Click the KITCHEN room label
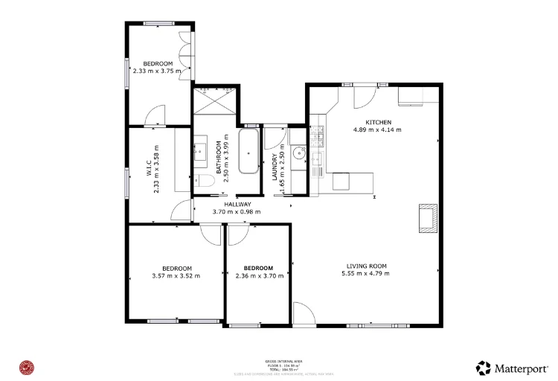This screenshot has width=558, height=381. [x=377, y=122]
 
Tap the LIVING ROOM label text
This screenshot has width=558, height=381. [x=367, y=266]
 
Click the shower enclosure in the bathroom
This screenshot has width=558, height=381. [x=215, y=100]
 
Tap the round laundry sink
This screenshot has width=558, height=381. [x=298, y=154]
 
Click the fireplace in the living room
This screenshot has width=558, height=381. [x=428, y=217]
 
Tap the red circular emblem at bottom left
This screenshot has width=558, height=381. [x=28, y=367]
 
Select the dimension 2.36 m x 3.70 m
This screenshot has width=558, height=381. [x=258, y=276]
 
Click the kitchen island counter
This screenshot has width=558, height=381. [x=351, y=181]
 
